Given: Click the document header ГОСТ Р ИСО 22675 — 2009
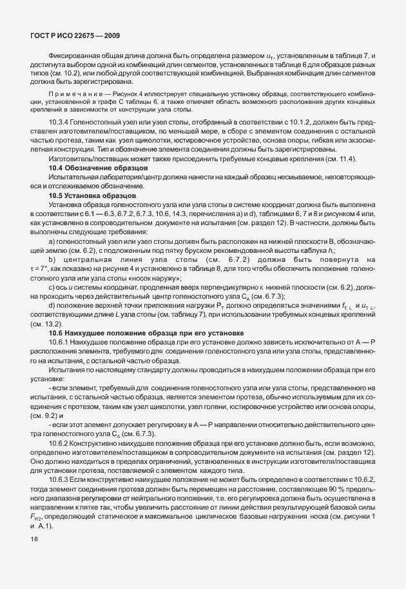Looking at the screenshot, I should tap(75, 34).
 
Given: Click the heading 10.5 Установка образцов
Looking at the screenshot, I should tap(92, 212).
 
